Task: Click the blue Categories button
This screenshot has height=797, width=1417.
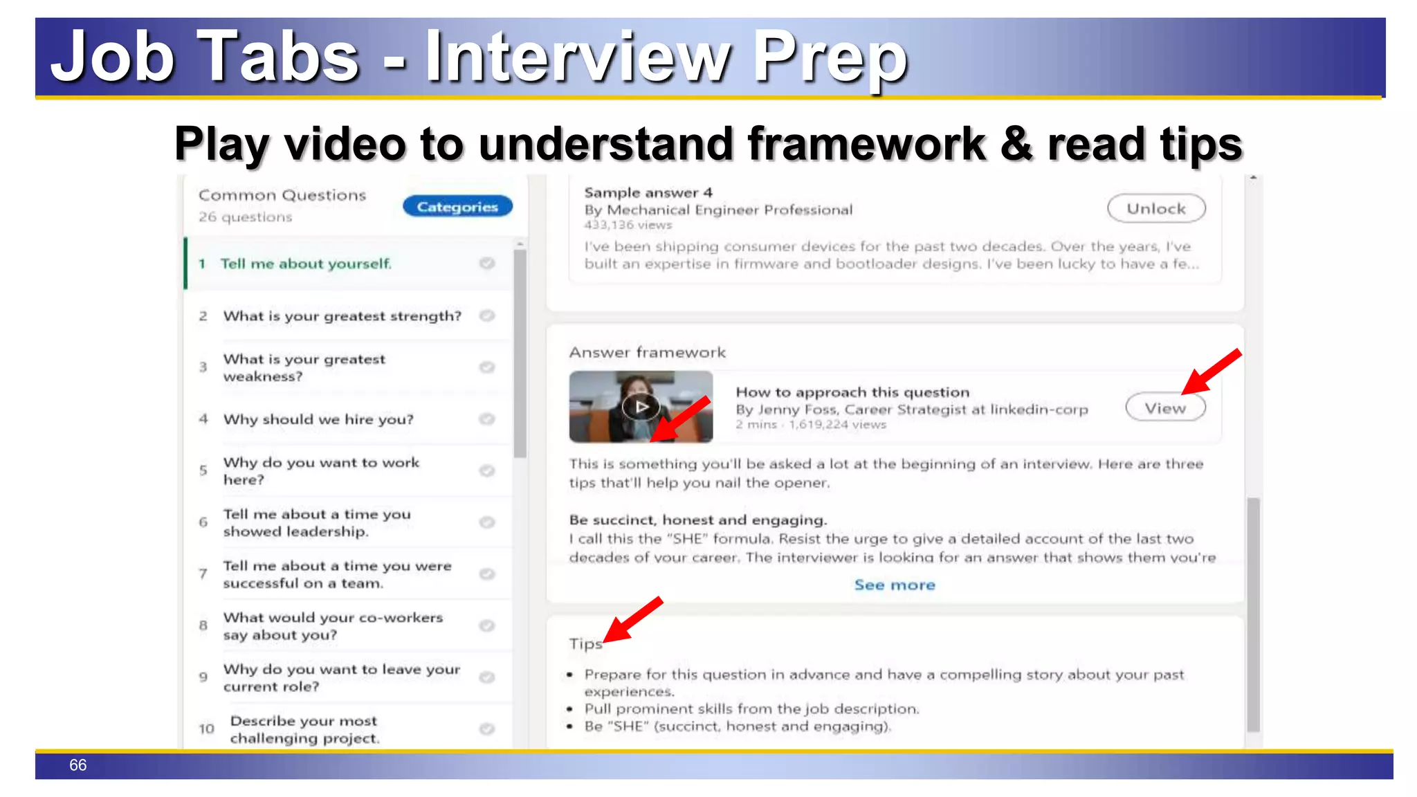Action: point(457,207)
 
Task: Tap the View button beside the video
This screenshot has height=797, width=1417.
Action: point(1165,408)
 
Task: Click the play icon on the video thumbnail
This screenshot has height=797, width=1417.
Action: point(641,407)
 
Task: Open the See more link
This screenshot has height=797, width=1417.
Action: point(895,585)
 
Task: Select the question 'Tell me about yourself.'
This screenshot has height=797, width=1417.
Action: point(306,264)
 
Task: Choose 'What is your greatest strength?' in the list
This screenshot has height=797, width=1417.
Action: point(342,316)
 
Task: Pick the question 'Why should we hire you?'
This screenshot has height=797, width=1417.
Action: point(318,419)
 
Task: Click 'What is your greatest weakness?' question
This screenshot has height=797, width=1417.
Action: point(304,367)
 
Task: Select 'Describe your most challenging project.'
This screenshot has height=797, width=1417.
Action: point(304,729)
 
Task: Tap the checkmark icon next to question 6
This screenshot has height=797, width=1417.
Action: point(487,522)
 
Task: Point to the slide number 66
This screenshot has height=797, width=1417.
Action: point(77,765)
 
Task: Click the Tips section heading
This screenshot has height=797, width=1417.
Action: point(585,644)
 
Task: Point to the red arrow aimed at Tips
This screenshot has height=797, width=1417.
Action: point(632,620)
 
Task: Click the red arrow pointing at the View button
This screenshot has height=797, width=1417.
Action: point(1211,372)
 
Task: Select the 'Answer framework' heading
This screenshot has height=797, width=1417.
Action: point(648,353)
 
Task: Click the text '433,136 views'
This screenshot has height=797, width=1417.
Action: point(628,225)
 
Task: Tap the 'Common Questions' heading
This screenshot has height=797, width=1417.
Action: point(282,196)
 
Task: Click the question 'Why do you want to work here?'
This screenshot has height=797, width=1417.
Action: point(321,471)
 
